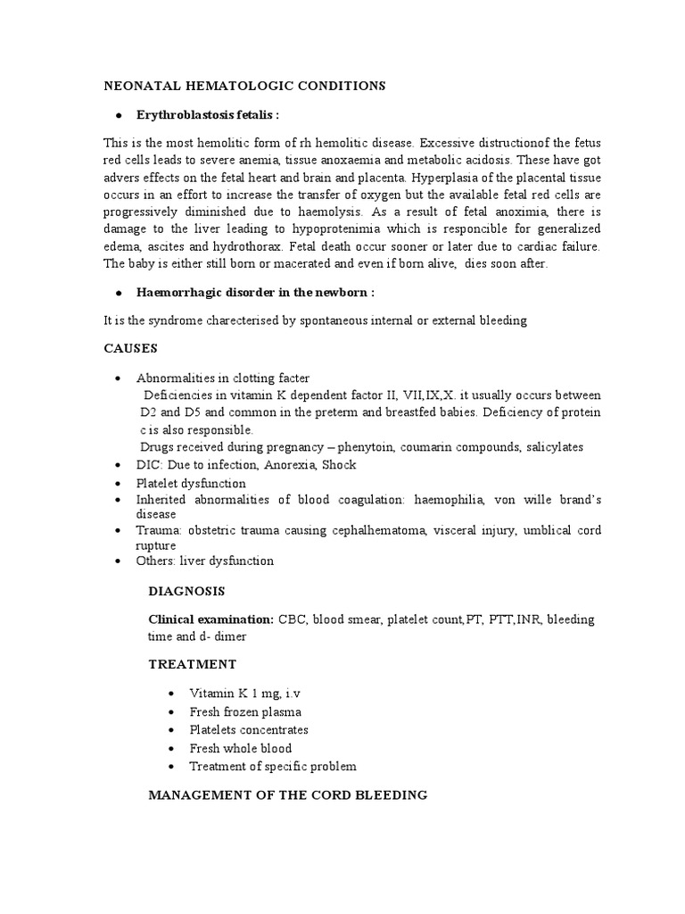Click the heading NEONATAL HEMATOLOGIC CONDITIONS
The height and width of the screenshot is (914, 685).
tap(244, 86)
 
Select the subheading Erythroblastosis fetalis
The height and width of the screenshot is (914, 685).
tap(207, 116)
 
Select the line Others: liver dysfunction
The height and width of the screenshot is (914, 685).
tap(204, 561)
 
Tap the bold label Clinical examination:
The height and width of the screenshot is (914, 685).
tap(210, 619)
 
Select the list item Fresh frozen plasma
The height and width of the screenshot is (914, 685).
tap(245, 711)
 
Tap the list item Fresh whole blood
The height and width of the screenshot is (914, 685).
tap(240, 748)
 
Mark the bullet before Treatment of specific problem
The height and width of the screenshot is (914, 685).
tap(172, 767)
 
